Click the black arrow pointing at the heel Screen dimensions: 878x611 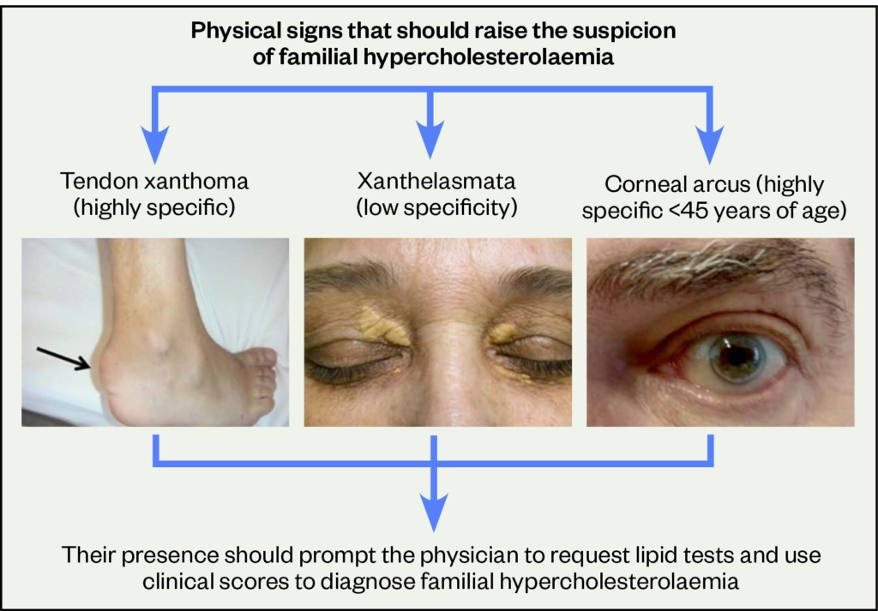63,359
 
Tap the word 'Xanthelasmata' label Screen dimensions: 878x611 436,182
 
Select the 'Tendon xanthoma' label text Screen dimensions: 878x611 154,182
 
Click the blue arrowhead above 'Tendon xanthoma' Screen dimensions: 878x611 155,143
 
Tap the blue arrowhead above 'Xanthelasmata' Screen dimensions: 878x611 430,140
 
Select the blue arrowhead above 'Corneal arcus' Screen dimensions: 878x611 709,143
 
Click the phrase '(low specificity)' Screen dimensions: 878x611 436,208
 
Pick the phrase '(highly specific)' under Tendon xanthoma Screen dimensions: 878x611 154,208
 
